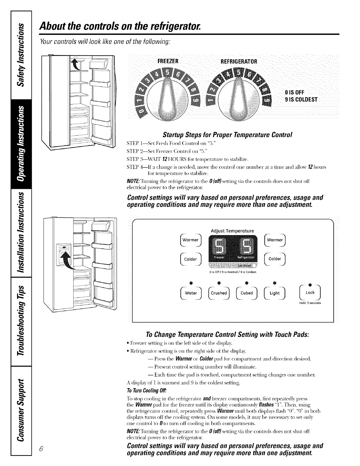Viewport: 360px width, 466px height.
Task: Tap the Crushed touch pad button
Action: [219, 293]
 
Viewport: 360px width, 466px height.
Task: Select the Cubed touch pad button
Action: [247, 293]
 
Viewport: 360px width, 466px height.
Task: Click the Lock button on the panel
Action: [310, 293]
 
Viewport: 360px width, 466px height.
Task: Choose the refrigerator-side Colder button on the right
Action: [275, 259]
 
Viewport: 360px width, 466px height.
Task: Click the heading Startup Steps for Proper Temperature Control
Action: [227, 136]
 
